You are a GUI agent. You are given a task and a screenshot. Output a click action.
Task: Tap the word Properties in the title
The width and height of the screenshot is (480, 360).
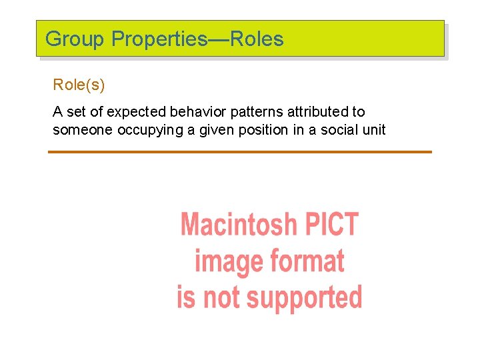[x=159, y=39]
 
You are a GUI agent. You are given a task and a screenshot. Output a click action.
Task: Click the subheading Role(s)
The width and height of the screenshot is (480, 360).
[x=79, y=85]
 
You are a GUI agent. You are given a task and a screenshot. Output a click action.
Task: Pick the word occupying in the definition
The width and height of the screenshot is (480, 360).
[x=147, y=129]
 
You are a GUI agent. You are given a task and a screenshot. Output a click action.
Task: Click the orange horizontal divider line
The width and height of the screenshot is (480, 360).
[x=240, y=152]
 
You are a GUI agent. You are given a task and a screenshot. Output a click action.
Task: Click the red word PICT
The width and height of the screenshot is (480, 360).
[x=331, y=225]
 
